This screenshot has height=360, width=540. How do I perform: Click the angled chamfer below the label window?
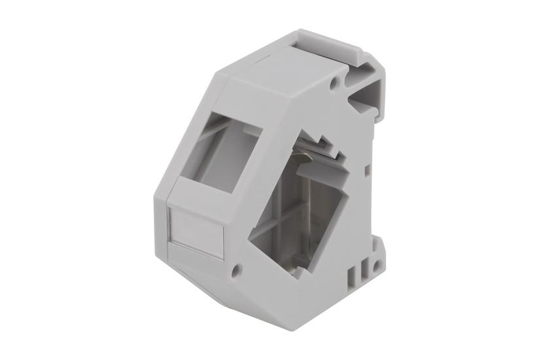tap(196, 275)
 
